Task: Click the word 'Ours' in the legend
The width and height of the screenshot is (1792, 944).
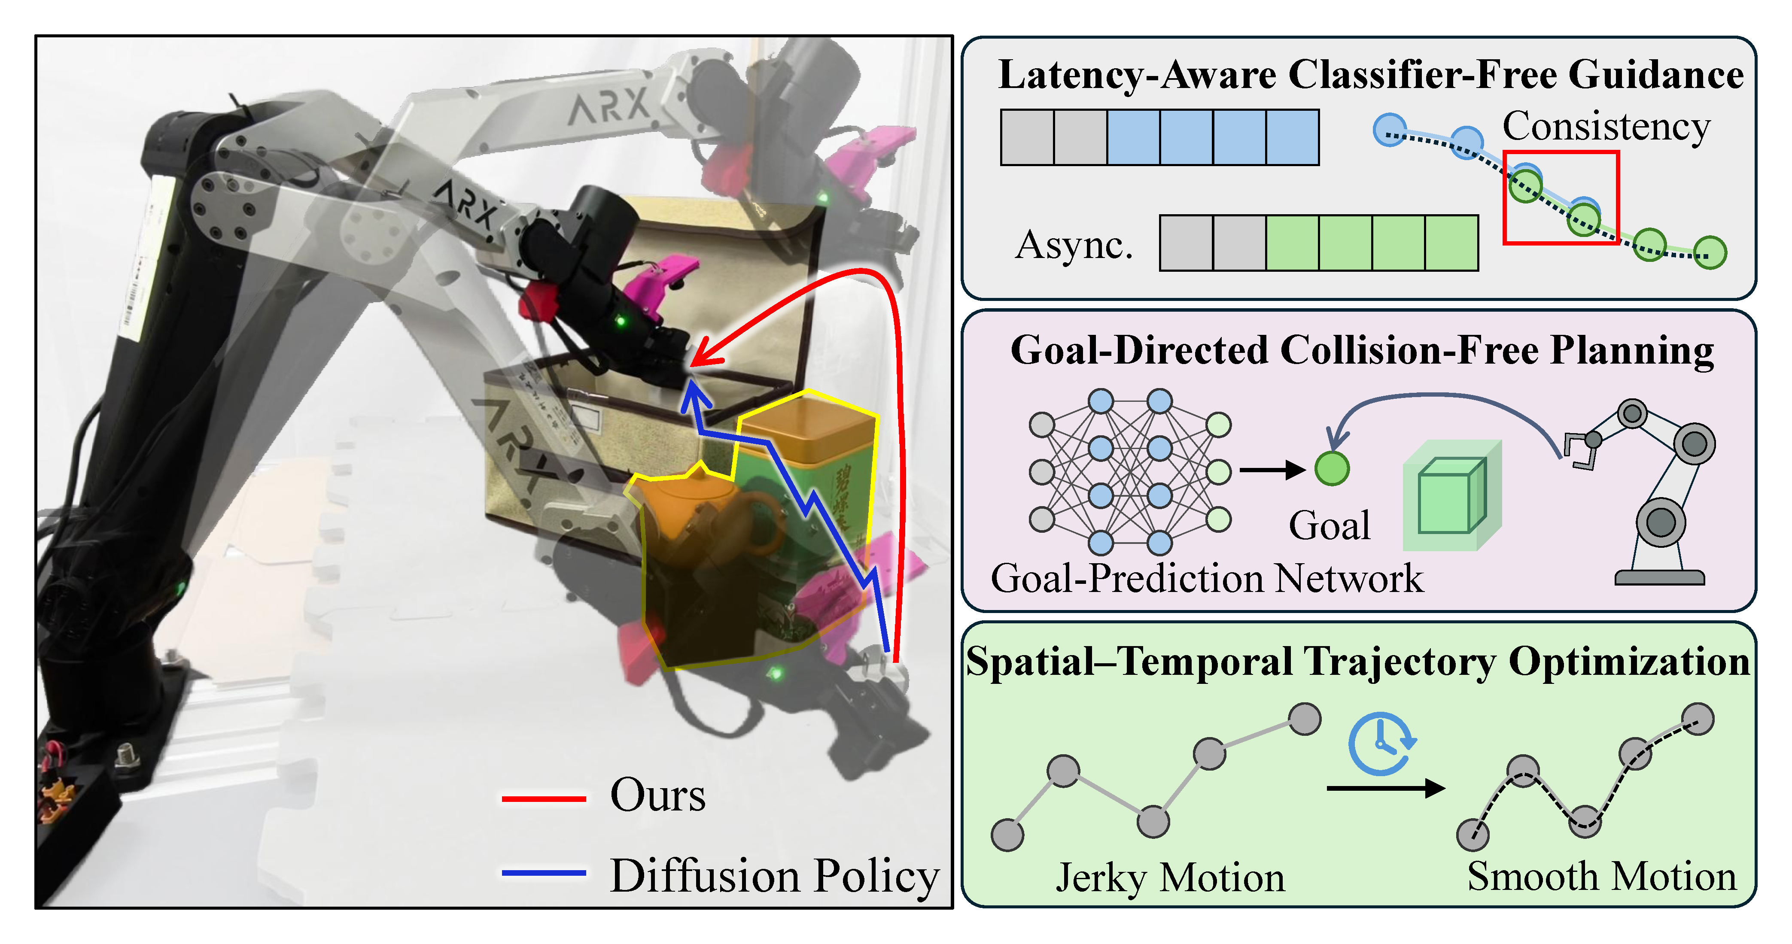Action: click(x=657, y=795)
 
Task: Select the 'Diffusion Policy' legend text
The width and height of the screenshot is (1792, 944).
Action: click(x=774, y=876)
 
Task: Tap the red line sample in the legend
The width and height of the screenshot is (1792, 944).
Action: click(x=543, y=798)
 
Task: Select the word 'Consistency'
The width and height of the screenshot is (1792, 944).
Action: click(x=1606, y=128)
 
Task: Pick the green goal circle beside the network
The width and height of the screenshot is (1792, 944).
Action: click(x=1332, y=468)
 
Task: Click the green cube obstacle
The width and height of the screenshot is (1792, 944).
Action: click(x=1452, y=495)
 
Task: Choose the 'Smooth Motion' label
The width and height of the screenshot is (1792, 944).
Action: click(x=1601, y=877)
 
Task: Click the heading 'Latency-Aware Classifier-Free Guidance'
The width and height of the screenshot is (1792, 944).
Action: click(x=1370, y=75)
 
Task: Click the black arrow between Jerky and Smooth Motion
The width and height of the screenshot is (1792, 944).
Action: click(x=1386, y=788)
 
